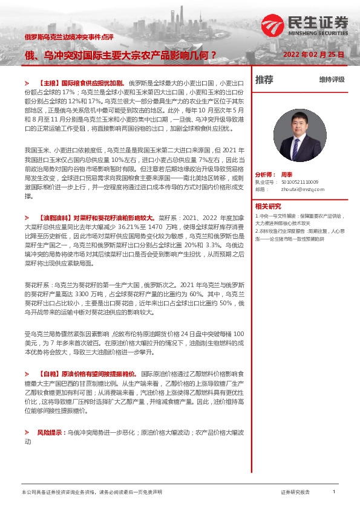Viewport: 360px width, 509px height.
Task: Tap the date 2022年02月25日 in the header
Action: (314, 54)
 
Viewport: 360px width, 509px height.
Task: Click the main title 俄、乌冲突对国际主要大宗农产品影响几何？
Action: (120, 54)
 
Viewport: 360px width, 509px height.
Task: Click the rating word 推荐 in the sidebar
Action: (264, 80)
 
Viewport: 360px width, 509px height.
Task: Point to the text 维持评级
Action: (332, 80)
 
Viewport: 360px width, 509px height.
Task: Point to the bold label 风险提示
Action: (50, 433)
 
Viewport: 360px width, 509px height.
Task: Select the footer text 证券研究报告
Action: (295, 493)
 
